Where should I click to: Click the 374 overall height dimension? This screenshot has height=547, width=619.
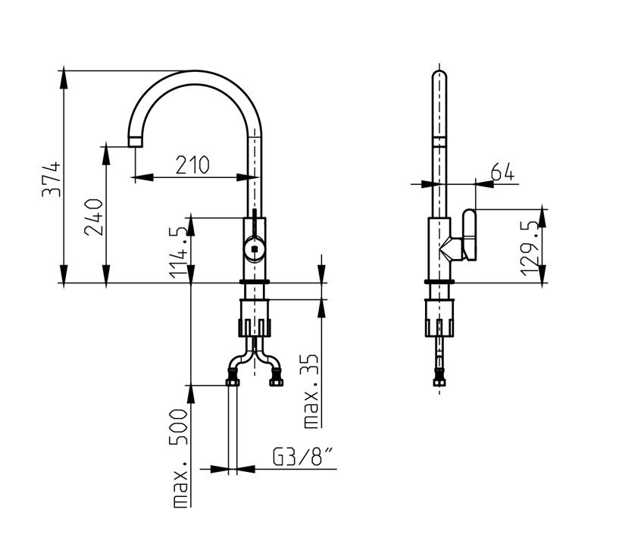52,179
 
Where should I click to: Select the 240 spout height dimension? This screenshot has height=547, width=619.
94,217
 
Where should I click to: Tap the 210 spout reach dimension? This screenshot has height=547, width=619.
192,165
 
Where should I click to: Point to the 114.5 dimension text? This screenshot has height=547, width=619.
178,252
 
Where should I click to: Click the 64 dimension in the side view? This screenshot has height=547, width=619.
502,171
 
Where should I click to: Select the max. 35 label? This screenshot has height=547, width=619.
311,391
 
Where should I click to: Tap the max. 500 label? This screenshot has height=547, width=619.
180,458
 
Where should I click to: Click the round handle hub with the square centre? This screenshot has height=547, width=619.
255,248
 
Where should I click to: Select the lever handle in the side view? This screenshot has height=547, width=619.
470,235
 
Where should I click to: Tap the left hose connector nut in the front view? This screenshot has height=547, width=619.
233,382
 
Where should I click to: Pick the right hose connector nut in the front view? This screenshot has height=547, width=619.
277,382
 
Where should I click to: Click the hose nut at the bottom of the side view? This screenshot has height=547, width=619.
439,382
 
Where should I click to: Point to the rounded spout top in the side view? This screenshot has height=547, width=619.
439,74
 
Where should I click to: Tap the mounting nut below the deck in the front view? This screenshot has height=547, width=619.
255,318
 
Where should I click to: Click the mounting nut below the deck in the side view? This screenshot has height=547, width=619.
439,318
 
